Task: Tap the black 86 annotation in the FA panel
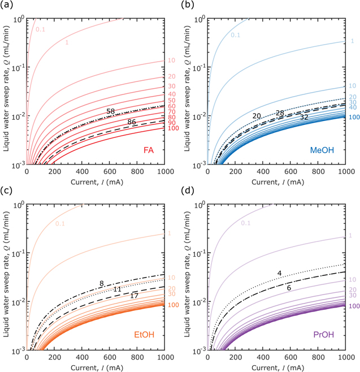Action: tap(132, 122)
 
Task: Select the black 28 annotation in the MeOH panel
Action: tap(280, 113)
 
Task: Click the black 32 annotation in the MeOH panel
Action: tap(304, 117)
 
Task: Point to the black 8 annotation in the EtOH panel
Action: tap(101, 283)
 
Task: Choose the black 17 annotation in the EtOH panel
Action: tap(134, 296)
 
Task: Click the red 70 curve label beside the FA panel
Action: tap(171, 111)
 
